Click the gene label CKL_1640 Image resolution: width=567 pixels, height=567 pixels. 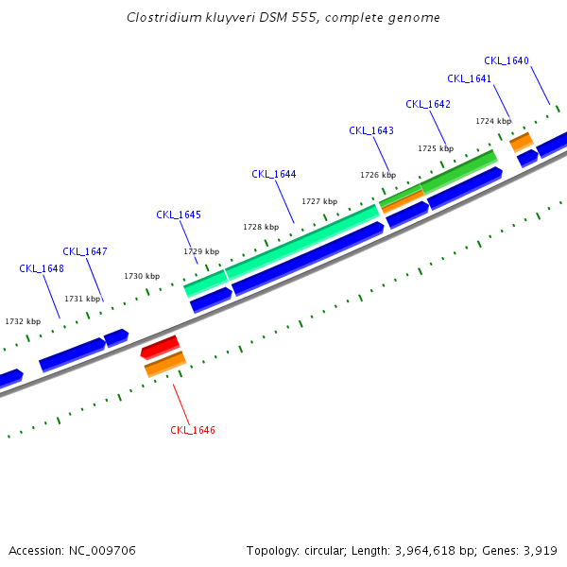507,60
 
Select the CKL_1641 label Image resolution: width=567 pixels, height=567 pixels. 470,78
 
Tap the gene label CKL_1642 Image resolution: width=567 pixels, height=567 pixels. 428,104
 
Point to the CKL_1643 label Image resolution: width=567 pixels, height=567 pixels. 371,130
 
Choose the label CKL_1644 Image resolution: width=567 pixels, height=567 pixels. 274,174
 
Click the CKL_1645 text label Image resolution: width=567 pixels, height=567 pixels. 179,215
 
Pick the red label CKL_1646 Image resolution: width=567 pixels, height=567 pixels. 193,430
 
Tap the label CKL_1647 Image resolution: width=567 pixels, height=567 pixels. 85,251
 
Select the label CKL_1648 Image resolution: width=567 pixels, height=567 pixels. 42,268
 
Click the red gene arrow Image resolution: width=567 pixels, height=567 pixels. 160,347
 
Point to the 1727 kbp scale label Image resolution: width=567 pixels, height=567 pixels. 319,201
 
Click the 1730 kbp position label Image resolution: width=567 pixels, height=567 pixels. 142,276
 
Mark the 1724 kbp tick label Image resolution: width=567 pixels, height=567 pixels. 493,121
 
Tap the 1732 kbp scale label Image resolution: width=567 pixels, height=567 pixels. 23,321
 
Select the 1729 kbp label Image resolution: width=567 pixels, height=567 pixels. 201,251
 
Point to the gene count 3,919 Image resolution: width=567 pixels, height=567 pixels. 539,550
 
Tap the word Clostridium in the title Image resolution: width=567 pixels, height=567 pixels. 163,18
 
